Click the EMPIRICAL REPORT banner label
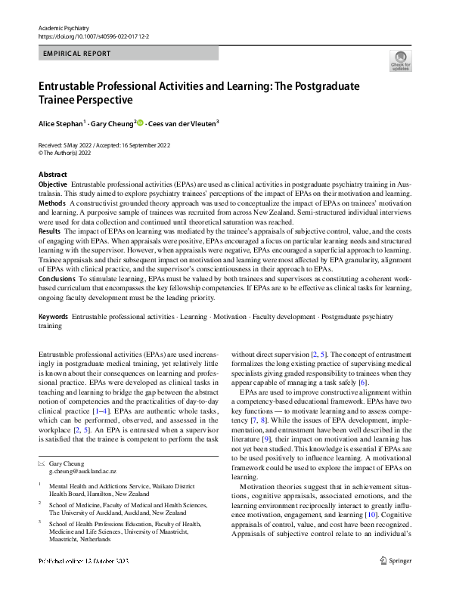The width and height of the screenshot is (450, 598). point(78,54)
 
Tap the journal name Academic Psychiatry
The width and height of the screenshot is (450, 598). point(64,27)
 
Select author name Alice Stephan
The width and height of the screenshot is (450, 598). point(61,122)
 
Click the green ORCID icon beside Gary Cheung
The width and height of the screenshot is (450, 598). point(141,122)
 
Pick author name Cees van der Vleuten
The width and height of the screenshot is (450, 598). point(183,122)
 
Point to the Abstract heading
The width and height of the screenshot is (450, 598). point(52,175)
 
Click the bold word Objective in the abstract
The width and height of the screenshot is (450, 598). point(52,184)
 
